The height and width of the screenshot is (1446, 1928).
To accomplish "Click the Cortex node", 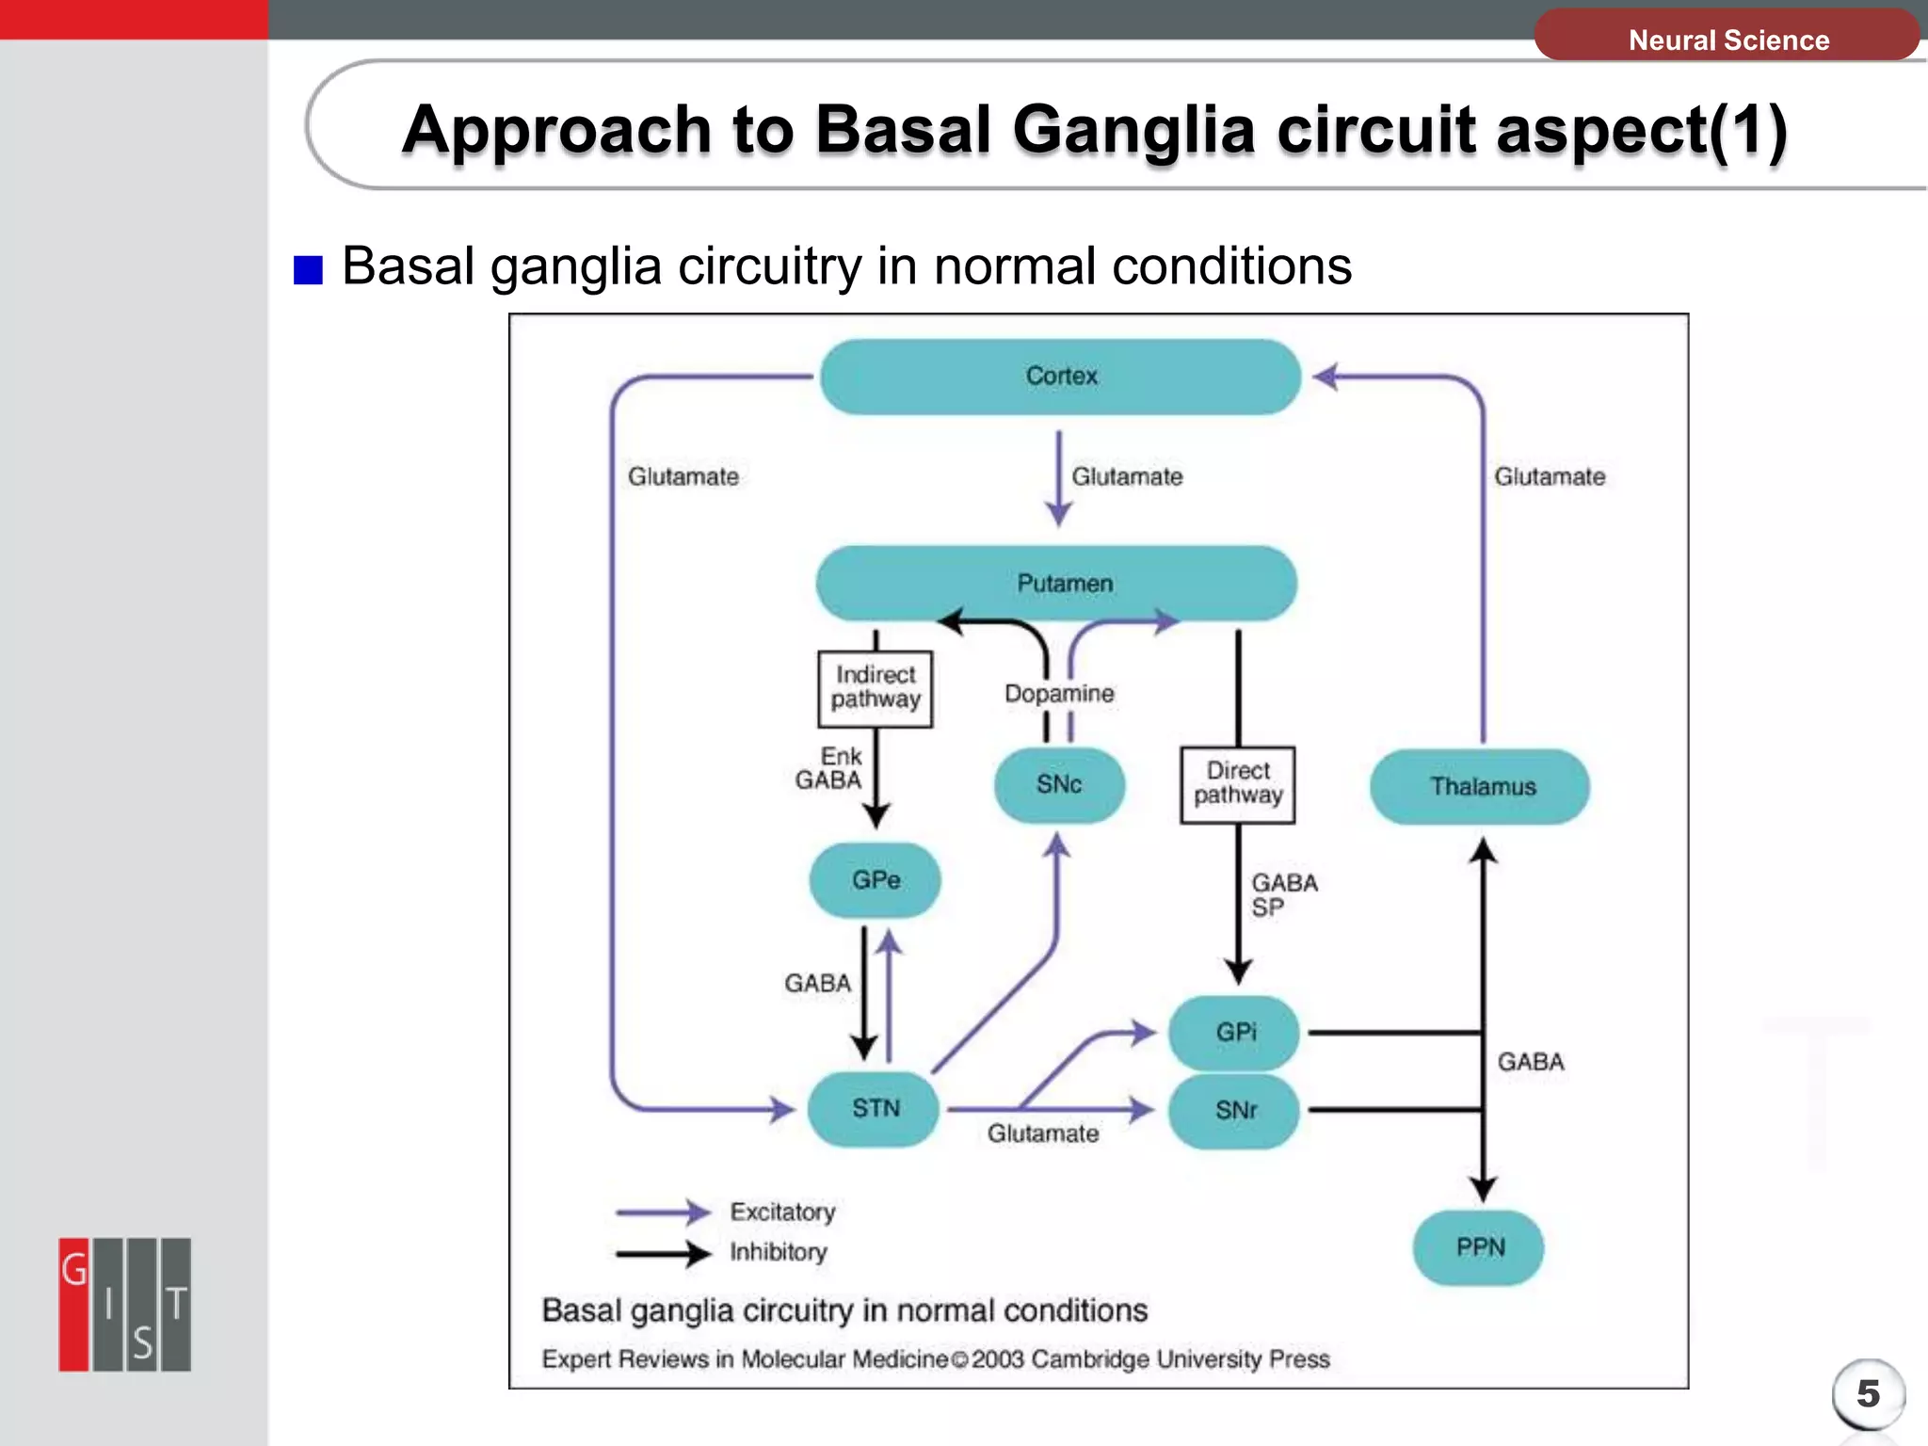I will pyautogui.click(x=1061, y=377).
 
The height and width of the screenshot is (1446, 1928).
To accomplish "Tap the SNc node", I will pyautogui.click(x=1059, y=785).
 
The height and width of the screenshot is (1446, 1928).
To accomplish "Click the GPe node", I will pyautogui.click(x=875, y=880).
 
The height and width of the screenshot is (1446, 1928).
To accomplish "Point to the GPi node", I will pyautogui.click(x=1234, y=1033).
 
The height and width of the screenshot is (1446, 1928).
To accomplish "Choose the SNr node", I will pyautogui.click(x=1234, y=1111).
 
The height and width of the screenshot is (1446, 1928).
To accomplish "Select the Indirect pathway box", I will pyautogui.click(x=875, y=688).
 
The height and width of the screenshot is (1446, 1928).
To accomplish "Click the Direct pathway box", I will pyautogui.click(x=1237, y=784).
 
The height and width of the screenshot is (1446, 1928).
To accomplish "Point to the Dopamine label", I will pyautogui.click(x=1059, y=694).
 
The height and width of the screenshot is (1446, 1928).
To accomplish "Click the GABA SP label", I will pyautogui.click(x=1282, y=895).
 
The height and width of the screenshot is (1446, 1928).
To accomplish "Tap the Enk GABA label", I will pyautogui.click(x=829, y=769).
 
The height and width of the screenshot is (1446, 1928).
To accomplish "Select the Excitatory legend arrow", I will pyautogui.click(x=663, y=1213).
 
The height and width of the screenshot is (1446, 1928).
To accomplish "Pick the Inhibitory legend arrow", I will pyautogui.click(x=663, y=1253).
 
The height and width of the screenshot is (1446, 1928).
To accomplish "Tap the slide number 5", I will pyautogui.click(x=1868, y=1394).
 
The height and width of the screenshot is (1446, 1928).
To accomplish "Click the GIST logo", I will pyautogui.click(x=124, y=1305).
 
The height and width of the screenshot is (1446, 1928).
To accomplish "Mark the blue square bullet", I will pyautogui.click(x=308, y=270).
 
